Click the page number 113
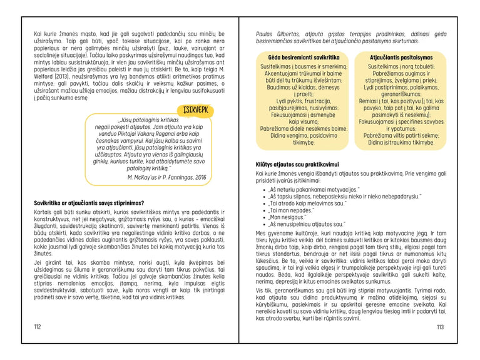point(440,327)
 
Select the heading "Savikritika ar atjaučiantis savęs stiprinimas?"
point(89,203)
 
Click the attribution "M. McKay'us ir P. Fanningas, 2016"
point(167,178)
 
